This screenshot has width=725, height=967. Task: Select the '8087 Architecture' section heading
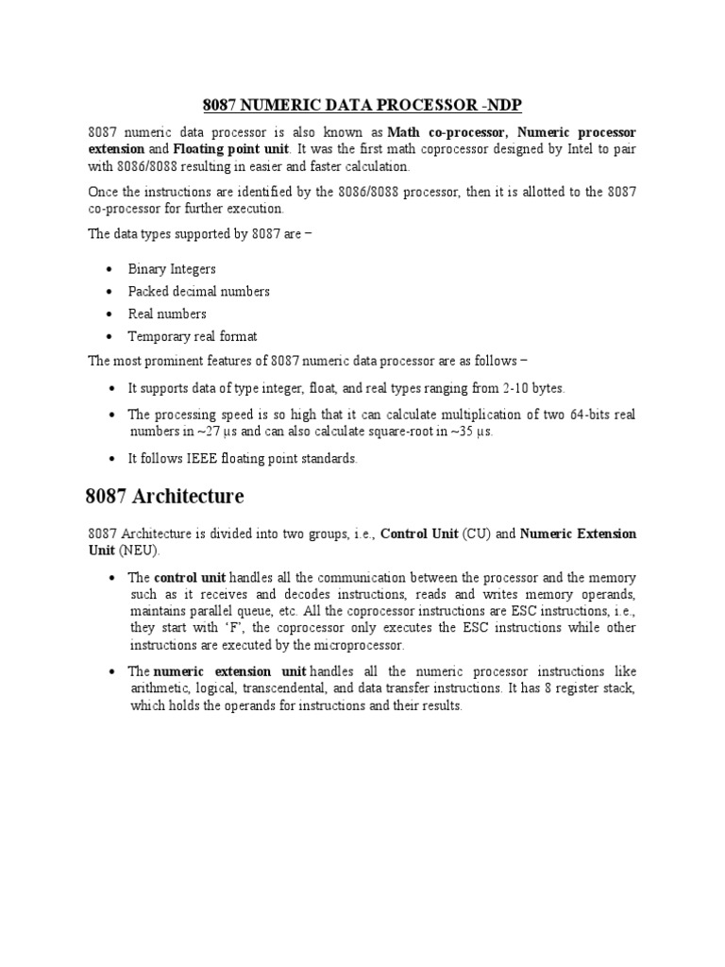(x=164, y=496)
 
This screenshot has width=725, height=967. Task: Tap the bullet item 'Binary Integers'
(x=172, y=269)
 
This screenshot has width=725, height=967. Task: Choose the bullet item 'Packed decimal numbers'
(x=198, y=291)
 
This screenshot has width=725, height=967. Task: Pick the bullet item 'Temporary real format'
(x=192, y=336)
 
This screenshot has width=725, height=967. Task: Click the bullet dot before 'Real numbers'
(x=111, y=314)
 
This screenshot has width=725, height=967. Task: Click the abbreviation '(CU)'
(x=476, y=534)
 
